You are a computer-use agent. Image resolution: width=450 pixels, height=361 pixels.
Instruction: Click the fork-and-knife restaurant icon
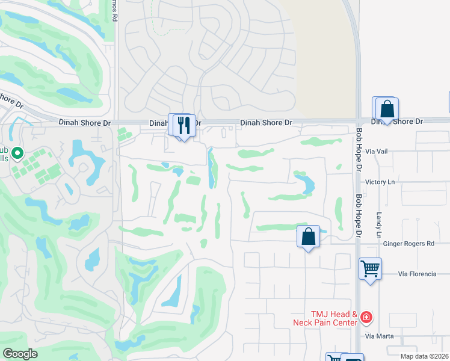(184, 125)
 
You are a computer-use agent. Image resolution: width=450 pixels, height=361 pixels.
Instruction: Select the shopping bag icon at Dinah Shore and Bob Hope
(387, 110)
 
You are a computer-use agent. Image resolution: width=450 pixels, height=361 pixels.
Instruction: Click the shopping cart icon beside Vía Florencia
(369, 268)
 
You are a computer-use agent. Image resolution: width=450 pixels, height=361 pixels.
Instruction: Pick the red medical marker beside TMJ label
(366, 317)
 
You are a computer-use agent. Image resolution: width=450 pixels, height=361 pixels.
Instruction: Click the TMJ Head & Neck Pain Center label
(330, 318)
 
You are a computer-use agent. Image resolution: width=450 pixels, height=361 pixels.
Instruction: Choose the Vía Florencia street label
(417, 274)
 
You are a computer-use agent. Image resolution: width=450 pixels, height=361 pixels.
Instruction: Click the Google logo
(20, 354)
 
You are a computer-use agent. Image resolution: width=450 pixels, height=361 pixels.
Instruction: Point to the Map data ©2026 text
(424, 356)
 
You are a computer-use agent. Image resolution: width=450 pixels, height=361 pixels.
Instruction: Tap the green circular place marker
(17, 154)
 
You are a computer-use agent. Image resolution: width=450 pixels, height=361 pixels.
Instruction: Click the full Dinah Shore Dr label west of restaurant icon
(85, 122)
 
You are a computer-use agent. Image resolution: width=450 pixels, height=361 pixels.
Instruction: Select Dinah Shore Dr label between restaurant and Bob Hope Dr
(266, 122)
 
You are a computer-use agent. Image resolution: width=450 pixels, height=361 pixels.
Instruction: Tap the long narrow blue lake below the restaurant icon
(212, 168)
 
